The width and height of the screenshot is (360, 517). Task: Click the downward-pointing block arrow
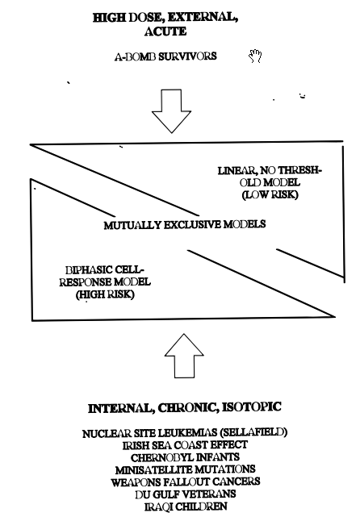(171, 110)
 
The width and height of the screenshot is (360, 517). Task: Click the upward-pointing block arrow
(184, 356)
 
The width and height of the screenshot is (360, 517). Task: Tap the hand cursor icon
(255, 56)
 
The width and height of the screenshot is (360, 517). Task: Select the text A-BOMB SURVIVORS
(165, 56)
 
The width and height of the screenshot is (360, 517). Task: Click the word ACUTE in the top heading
(165, 31)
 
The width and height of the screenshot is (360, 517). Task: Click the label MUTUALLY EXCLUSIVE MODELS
(185, 225)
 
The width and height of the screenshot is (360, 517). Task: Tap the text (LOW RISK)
(270, 194)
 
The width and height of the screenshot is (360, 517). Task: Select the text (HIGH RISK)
(105, 294)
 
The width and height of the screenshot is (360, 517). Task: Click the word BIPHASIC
(89, 270)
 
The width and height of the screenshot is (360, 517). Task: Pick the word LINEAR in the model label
(237, 171)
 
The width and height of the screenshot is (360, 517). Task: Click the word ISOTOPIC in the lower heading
(252, 407)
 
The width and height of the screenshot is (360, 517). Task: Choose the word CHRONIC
(187, 408)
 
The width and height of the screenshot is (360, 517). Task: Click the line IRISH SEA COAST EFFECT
(185, 444)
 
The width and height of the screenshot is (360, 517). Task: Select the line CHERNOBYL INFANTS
(185, 457)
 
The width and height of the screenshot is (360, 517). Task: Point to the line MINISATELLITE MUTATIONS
(185, 469)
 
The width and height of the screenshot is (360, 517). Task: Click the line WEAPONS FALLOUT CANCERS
(185, 482)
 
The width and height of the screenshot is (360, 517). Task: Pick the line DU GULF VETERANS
(185, 494)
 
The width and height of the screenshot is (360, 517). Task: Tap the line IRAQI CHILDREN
(186, 507)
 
